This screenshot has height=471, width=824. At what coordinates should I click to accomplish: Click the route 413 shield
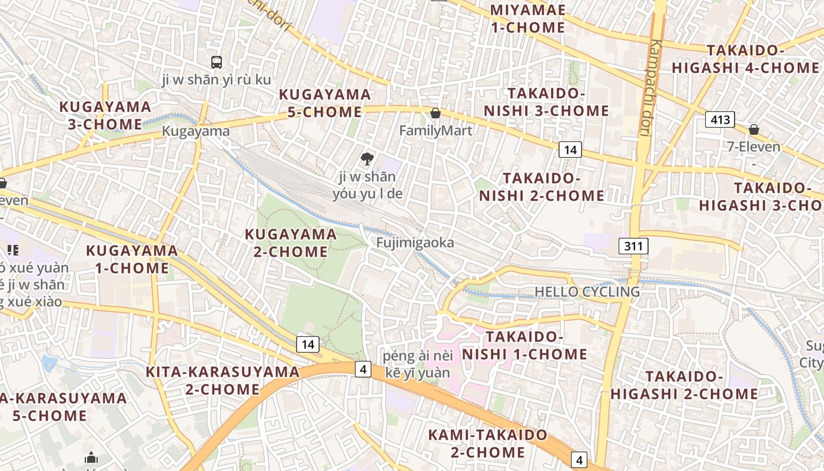pos(720,120)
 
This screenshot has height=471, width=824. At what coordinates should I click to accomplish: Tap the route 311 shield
pos(633,246)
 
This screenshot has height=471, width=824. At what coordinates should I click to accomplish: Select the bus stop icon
pos(217,62)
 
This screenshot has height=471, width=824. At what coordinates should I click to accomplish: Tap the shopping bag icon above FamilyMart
pos(436,113)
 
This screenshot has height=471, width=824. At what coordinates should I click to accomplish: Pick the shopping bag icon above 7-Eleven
pos(753,130)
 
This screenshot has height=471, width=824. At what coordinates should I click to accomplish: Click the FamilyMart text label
pos(436,130)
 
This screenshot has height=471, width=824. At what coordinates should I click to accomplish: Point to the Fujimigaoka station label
pos(415,243)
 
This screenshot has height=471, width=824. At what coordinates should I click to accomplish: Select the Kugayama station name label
pos(196,131)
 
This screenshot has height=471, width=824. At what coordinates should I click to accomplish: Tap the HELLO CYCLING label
pos(587,291)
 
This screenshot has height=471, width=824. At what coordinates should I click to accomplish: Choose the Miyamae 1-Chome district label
pos(527,19)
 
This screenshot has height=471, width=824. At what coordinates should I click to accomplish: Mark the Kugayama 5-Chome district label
pos(325,103)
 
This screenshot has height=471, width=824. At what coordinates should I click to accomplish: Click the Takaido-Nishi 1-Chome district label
pos(524,346)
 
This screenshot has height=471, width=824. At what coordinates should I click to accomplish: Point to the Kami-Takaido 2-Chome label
pos(488,443)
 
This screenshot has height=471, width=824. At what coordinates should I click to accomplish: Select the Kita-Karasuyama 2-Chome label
pos(222,380)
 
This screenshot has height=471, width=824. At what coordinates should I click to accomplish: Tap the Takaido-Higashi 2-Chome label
pos(684,385)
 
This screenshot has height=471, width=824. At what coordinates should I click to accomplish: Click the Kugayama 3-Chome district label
pos(105,115)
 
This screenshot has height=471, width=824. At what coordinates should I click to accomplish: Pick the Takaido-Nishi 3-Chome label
pos(546,102)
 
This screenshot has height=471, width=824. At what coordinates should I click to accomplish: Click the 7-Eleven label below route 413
pos(754,147)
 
